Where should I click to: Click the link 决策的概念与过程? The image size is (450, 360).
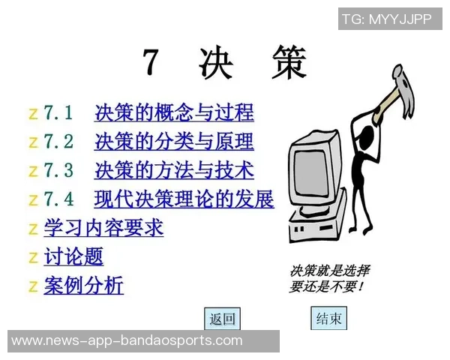click(x=174, y=113)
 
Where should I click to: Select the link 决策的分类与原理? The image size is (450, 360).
click(x=174, y=142)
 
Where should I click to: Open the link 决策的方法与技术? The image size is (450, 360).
click(x=174, y=170)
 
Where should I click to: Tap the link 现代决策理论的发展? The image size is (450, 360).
click(x=184, y=199)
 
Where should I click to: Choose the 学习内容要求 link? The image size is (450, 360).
click(x=103, y=227)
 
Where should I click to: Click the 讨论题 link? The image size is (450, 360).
click(x=73, y=256)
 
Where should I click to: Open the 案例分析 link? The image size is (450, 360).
click(x=83, y=285)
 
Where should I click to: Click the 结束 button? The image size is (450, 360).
click(x=328, y=319)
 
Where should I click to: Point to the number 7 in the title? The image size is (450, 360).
click(x=151, y=63)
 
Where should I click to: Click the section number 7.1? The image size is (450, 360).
click(x=58, y=113)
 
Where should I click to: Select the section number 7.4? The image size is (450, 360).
click(x=58, y=199)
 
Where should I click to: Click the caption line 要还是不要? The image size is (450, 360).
click(x=327, y=286)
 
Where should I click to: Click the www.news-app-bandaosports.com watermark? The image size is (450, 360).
click(x=127, y=340)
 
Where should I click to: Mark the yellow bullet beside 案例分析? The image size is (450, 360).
click(x=33, y=286)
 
